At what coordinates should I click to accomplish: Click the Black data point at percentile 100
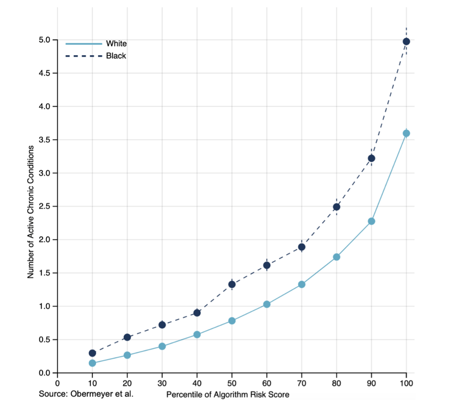pos(406,41)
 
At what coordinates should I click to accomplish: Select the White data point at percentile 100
pos(406,133)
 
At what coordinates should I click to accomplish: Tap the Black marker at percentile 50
pos(232,284)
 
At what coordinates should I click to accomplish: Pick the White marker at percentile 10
pos(92,363)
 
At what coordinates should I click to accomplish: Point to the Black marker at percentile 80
pos(337,207)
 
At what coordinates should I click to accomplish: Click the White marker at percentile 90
pos(371,221)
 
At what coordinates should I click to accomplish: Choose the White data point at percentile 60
pos(267,304)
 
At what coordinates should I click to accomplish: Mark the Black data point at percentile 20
pos(127,337)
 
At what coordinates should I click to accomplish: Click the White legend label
pos(116,44)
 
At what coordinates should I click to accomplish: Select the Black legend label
pos(116,56)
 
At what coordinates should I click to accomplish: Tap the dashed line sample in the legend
pos(84,56)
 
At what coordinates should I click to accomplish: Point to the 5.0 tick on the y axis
pos(44,40)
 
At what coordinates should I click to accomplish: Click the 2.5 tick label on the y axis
pos(44,206)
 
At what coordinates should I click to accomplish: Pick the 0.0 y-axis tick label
pos(44,373)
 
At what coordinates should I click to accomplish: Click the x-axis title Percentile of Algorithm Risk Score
pos(228,395)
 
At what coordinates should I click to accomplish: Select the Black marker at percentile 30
pos(162,325)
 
